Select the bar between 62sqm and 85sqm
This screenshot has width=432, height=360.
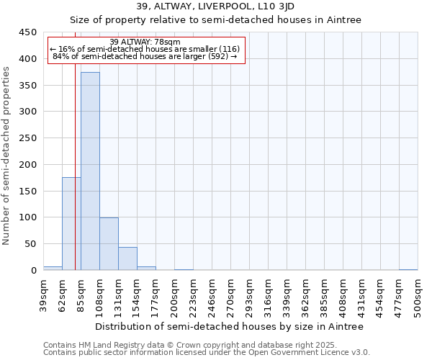pyautogui.click(x=71, y=224)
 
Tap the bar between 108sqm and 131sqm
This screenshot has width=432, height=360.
pyautogui.click(x=109, y=244)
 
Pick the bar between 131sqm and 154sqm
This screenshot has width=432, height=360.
pyautogui.click(x=127, y=258)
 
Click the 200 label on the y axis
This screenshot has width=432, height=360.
pyautogui.click(x=29, y=165)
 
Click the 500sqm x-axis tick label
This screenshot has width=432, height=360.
pyautogui.click(x=418, y=295)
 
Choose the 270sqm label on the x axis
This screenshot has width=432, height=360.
pyautogui.click(x=231, y=295)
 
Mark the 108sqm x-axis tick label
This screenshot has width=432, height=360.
pyautogui.click(x=100, y=295)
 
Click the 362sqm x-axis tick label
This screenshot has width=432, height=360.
pyautogui.click(x=306, y=295)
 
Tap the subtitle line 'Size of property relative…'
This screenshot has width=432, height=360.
pyautogui.click(x=216, y=19)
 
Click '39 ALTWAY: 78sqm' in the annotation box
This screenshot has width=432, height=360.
pyautogui.click(x=140, y=42)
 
